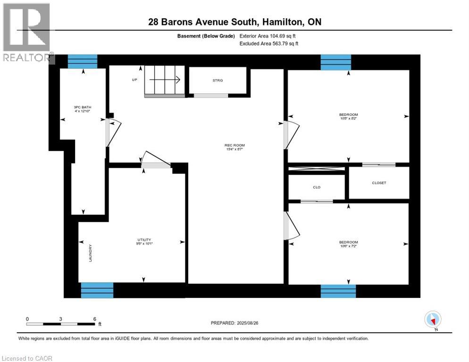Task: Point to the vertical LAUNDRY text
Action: tap(90, 253)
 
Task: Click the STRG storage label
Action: tap(218, 81)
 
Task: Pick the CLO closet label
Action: tap(317, 187)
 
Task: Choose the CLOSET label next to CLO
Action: tap(379, 182)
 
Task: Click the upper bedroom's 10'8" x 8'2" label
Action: tap(348, 116)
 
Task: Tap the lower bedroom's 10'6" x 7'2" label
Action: tap(348, 244)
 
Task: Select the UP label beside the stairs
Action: tap(134, 80)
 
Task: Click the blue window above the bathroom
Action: tap(83, 62)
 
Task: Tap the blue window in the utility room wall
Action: tap(97, 290)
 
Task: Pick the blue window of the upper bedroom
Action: tap(336, 62)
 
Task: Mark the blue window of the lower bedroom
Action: tap(338, 291)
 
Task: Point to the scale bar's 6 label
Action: tap(95, 319)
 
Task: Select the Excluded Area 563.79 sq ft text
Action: tap(269, 44)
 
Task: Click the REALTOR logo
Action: tap(27, 33)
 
